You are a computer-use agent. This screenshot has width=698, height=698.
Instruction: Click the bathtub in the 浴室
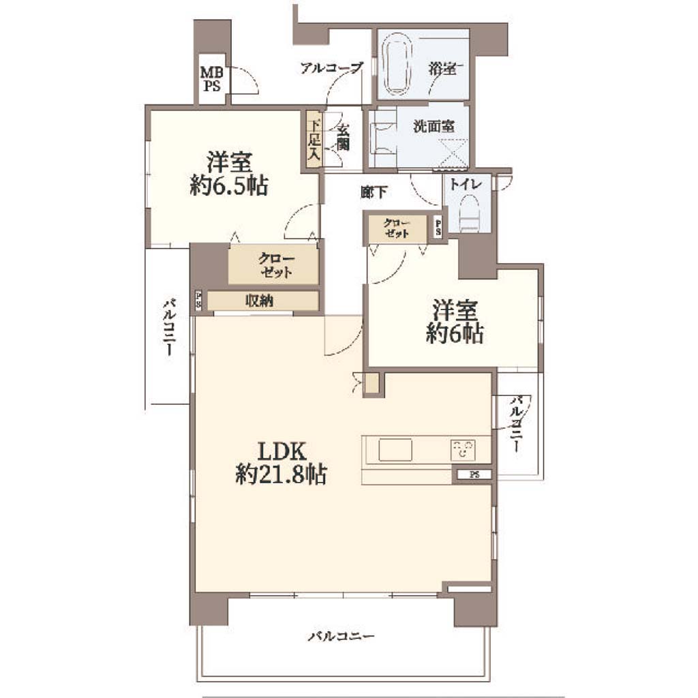tap(397, 67)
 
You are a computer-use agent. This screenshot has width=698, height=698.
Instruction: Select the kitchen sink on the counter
tap(395, 450)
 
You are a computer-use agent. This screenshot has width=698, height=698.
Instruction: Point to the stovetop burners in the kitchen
tap(463, 450)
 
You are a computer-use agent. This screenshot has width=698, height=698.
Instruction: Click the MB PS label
tap(212, 79)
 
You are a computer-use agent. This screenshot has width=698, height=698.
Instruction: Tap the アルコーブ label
tap(332, 68)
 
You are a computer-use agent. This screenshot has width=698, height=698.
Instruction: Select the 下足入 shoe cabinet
tap(314, 139)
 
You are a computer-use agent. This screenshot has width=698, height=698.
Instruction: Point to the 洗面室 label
tap(434, 126)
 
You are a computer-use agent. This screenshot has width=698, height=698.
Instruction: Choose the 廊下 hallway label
tap(374, 192)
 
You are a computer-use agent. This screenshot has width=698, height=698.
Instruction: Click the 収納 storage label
tap(259, 301)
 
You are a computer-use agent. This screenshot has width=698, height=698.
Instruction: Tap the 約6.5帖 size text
tap(229, 186)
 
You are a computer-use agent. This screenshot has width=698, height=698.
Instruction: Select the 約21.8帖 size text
tap(282, 474)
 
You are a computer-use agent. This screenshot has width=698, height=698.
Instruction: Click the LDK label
tap(282, 451)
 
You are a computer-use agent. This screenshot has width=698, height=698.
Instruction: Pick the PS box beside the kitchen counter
tap(474, 474)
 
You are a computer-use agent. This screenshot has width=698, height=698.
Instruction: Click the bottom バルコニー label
tap(341, 636)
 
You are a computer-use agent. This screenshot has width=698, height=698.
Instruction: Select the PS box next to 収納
tap(198, 301)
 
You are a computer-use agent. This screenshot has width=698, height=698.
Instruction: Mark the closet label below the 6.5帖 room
tap(276, 266)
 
